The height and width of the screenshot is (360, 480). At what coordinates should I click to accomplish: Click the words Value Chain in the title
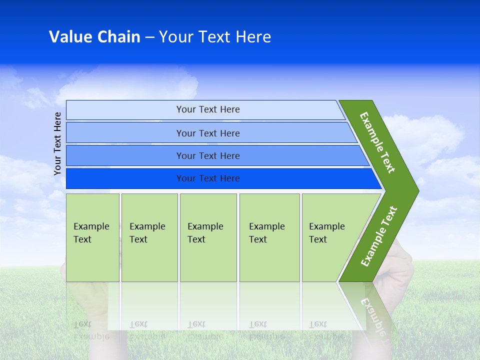click(x=94, y=37)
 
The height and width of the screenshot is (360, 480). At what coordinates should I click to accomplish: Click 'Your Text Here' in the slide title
click(x=215, y=37)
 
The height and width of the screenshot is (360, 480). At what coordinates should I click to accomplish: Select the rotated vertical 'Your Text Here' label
click(x=57, y=143)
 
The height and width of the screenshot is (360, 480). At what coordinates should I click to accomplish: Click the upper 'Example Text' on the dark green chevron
click(x=377, y=142)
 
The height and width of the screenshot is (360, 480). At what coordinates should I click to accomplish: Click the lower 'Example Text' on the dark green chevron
click(x=378, y=236)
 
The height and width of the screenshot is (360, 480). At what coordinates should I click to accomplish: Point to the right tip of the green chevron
click(x=417, y=190)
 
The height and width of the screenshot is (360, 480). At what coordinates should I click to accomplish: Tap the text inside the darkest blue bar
click(x=208, y=178)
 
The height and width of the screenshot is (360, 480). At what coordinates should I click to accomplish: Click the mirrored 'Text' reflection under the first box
click(x=82, y=324)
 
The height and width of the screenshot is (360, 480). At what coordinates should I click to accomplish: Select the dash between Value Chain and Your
click(x=149, y=37)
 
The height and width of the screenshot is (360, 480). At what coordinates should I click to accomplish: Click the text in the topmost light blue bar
click(x=208, y=109)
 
